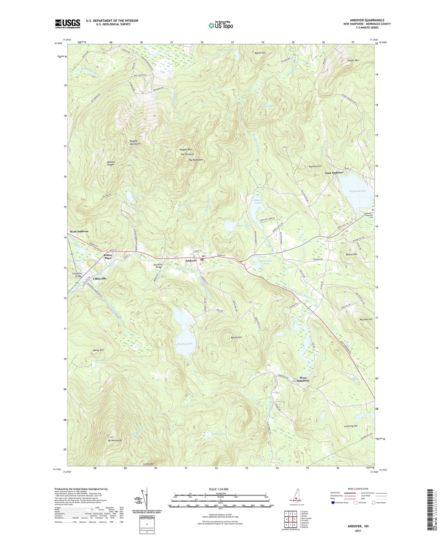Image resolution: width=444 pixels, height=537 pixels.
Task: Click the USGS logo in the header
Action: tap(67, 24)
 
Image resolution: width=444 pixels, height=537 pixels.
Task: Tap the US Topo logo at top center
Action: tap(220, 25)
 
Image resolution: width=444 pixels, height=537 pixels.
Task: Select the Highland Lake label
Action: tap(357, 191)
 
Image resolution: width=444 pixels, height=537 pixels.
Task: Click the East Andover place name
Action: tap(334, 173)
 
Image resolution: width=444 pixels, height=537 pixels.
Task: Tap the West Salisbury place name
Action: tap(303, 379)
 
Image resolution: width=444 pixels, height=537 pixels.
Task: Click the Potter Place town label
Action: tap(108, 257)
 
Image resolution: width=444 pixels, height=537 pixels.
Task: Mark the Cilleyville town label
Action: tap(100, 278)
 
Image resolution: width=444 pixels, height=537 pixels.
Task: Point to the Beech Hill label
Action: tap(236, 337)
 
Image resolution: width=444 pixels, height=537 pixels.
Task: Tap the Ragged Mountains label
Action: tap(135, 142)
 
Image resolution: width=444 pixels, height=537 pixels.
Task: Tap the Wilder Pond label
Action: tap(219, 434)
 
